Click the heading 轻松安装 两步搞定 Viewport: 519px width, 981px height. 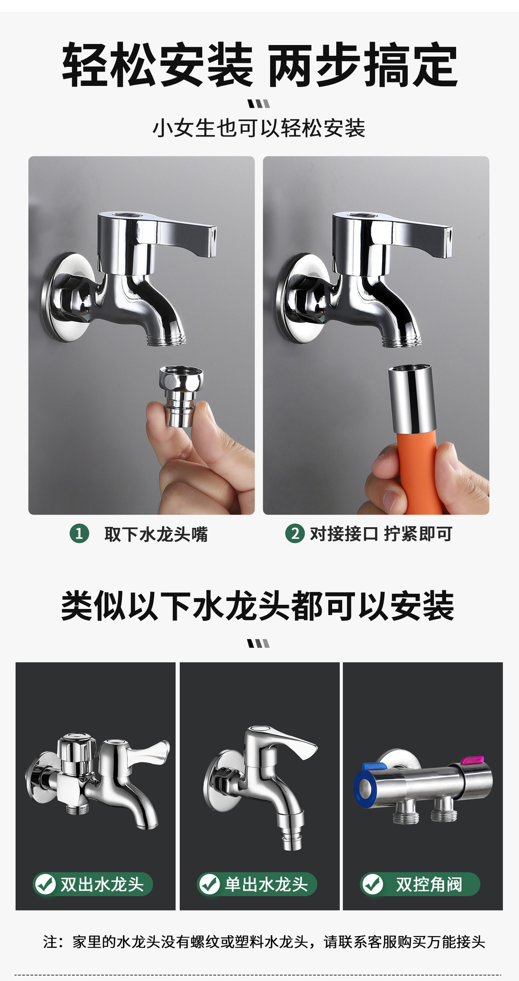[259, 66]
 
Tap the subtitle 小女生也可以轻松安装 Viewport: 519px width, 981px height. [259, 128]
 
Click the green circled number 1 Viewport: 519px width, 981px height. [79, 534]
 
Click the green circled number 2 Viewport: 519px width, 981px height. [294, 533]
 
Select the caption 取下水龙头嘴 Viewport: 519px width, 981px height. [156, 534]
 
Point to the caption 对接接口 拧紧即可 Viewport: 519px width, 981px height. [381, 534]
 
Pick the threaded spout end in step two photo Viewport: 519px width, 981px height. [402, 339]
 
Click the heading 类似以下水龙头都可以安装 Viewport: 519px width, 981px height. [258, 606]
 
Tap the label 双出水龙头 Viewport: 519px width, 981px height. [102, 884]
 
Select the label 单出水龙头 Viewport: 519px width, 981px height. [266, 884]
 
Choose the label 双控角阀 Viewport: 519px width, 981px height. [429, 884]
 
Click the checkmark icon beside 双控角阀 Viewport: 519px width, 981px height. [372, 884]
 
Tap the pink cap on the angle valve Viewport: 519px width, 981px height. [473, 760]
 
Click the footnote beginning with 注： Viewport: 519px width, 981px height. [264, 941]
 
